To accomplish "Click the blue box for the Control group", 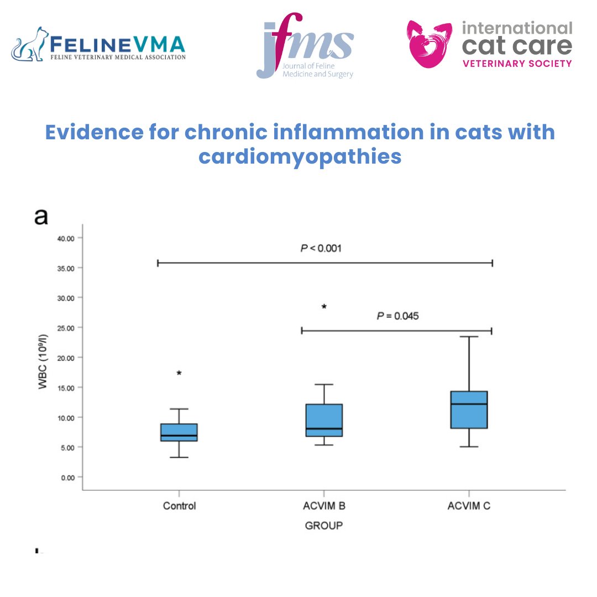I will pos(179,432).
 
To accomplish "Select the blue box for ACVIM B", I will pos(324,420).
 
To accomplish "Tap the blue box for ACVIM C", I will pos(469,410).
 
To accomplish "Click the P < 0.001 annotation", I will pos(321,248).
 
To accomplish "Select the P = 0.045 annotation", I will pos(397,316).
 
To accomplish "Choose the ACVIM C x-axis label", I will pos(469,506).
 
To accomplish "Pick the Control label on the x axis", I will pos(179,506).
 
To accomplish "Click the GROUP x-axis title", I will pos(324,526).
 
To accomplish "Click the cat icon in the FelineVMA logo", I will pos(30,44).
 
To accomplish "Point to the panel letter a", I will pos(41,217).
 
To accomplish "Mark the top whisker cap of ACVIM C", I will pos(469,336).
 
